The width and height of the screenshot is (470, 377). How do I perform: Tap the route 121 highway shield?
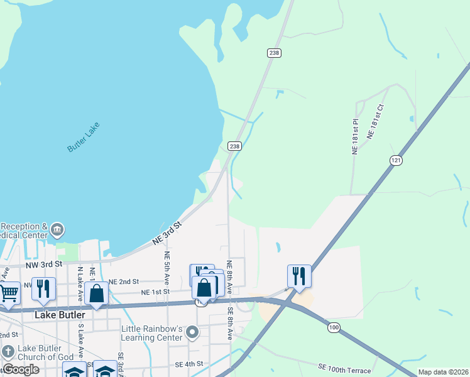click(395, 161)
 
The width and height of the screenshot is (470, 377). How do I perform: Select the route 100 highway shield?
click(333, 328)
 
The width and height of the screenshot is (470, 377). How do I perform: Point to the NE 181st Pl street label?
click(355, 137)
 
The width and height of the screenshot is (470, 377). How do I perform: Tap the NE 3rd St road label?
click(168, 232)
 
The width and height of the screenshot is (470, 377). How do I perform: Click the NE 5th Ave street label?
click(167, 266)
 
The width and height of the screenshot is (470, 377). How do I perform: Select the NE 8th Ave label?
click(230, 276)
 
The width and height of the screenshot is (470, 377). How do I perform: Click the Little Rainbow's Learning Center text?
click(152, 333)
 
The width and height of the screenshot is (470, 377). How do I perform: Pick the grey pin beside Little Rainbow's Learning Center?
click(193, 331)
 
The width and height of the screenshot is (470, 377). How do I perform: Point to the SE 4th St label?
click(189, 364)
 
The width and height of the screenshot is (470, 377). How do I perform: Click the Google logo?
click(21, 369)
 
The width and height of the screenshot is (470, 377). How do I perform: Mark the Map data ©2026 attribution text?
click(443, 373)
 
